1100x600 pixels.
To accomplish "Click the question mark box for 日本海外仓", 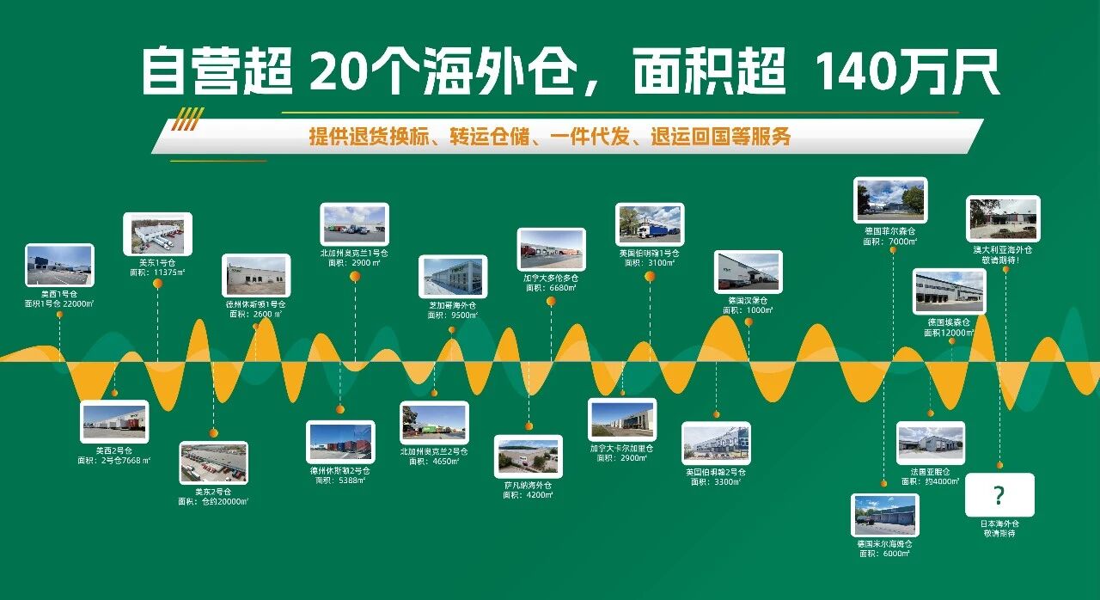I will tap(999, 495).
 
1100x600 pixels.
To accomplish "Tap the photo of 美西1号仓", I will tap(59, 266).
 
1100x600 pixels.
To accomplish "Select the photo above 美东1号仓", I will tap(157, 234).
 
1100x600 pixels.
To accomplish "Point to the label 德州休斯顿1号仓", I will tap(255, 304).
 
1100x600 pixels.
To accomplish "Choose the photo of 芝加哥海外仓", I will tap(453, 277).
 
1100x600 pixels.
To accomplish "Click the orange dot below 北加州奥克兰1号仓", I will tap(355, 276).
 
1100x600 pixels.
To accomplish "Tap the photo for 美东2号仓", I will tap(213, 462).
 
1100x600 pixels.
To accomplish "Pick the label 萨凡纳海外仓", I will tap(528, 485).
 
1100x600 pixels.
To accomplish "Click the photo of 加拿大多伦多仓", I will tap(551, 249).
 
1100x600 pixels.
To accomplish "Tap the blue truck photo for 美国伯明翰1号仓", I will tap(650, 224).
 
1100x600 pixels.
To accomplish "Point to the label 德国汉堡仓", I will tap(748, 300).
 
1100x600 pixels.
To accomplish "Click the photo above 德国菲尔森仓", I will tap(890, 199).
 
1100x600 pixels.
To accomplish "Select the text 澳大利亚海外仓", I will tap(1002, 249).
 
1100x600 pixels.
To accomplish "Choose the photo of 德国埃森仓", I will tap(949, 291).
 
